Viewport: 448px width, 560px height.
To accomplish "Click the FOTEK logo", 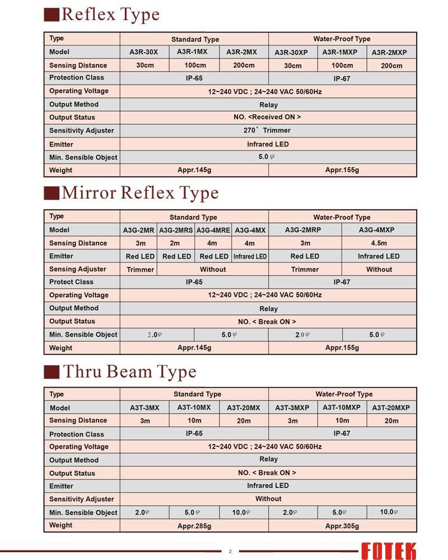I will (x=388, y=550).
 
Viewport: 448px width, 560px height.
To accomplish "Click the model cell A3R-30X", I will (x=144, y=52).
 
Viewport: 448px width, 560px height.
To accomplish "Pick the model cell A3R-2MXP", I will (x=389, y=53).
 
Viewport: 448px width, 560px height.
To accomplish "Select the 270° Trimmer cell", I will (x=268, y=130).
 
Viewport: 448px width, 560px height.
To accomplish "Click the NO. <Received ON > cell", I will (x=268, y=117).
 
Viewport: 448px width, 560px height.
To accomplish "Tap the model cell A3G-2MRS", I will (x=176, y=230).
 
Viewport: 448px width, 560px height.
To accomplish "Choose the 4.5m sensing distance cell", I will (x=379, y=243).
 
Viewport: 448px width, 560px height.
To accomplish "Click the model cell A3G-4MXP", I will (x=379, y=230).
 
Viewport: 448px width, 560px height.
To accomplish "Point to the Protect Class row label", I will (x=71, y=282).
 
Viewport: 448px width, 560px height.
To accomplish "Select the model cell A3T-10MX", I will (x=194, y=407).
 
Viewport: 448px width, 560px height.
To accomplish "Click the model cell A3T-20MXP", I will (x=391, y=408).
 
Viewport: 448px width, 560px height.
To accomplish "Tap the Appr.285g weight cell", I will (x=194, y=526).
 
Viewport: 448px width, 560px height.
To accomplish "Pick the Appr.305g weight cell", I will (x=342, y=526).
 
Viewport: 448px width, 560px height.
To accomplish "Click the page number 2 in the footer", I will (x=230, y=551).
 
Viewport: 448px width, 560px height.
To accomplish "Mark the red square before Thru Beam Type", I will (x=52, y=372).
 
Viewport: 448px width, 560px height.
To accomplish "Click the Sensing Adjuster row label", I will (x=77, y=269).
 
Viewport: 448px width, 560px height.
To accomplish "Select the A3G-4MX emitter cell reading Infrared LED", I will (x=250, y=257).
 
